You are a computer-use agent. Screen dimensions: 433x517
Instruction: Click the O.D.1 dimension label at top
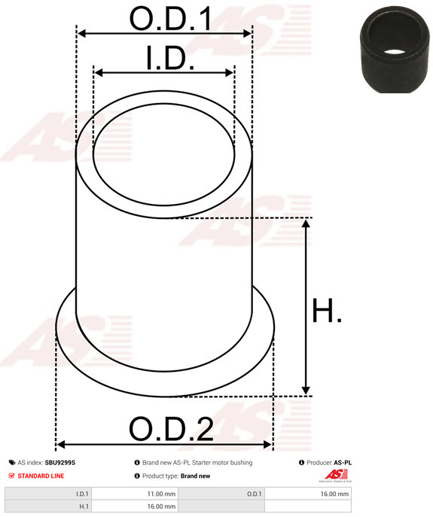click(x=171, y=19)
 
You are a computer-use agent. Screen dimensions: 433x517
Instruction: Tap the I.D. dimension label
click(x=170, y=59)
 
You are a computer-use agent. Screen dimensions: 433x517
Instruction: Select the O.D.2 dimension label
click(x=171, y=429)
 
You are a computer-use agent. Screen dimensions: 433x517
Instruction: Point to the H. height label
click(x=327, y=311)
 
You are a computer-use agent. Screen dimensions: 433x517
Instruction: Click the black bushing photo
click(x=395, y=50)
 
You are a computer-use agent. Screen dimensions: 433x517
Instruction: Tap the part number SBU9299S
click(x=60, y=463)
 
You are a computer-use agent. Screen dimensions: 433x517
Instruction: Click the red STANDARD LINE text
click(x=41, y=476)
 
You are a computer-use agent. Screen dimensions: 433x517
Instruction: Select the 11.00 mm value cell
click(x=135, y=494)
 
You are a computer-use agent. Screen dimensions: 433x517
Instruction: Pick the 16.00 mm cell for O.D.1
click(x=307, y=494)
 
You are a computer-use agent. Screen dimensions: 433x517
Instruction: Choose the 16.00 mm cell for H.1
click(x=135, y=506)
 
